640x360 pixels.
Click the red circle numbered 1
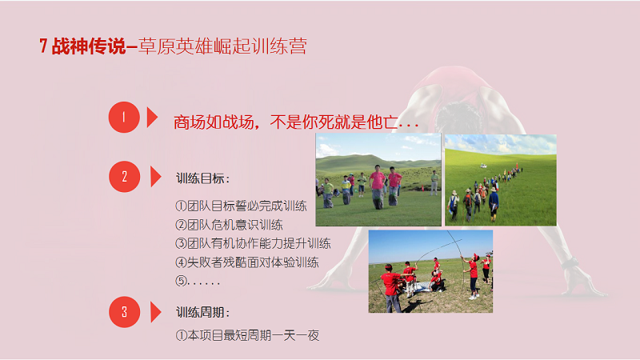[124, 117]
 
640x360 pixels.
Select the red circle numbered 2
[125, 177]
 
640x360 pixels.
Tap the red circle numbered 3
[125, 312]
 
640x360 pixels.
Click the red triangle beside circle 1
[152, 117]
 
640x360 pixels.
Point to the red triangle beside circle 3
[156, 312]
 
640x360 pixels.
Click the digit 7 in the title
[43, 46]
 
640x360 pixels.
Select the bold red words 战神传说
[89, 46]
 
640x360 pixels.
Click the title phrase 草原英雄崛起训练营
[223, 46]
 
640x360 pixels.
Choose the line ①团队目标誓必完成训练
[241, 206]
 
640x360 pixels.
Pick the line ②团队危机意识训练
[229, 225]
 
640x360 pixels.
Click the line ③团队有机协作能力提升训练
[253, 244]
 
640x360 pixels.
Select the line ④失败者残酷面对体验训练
[247, 262]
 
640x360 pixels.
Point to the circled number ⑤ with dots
[198, 282]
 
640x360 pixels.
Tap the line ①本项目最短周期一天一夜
[247, 335]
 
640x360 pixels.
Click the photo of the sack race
[378, 179]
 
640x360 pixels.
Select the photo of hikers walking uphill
[501, 180]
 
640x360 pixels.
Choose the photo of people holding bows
[430, 271]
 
